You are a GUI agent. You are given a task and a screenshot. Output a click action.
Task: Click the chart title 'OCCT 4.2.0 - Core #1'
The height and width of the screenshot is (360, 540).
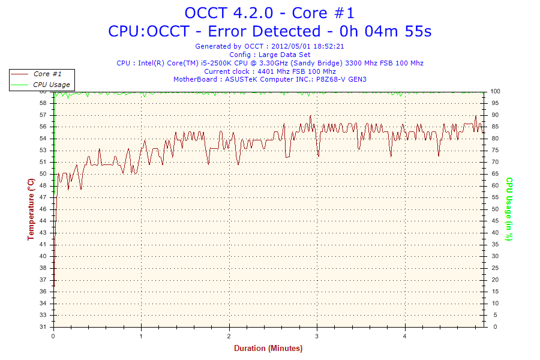click(269, 13)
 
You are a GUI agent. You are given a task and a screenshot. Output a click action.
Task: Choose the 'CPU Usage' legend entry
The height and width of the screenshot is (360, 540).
click(51, 85)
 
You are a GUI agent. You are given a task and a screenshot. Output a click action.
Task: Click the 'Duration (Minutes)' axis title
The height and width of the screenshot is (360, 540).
click(268, 349)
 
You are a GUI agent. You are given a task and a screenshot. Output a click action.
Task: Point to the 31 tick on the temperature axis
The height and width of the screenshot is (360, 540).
click(43, 327)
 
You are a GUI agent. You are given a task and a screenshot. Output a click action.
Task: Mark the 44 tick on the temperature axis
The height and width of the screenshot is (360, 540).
click(43, 221)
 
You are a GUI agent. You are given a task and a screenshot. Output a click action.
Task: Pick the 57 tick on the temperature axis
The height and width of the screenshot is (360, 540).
click(43, 115)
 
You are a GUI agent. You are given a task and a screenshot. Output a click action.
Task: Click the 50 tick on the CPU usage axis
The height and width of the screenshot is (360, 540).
click(495, 209)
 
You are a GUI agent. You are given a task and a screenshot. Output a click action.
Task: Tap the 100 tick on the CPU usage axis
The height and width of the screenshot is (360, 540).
click(496, 91)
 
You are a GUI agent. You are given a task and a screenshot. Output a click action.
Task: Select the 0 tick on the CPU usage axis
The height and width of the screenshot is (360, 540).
click(493, 327)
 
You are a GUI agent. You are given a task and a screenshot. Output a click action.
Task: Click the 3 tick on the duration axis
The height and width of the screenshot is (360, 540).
click(317, 336)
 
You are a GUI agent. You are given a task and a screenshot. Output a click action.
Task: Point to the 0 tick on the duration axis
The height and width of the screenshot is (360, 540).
click(54, 336)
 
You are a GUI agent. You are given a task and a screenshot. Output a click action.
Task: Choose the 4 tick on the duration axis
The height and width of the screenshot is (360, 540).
click(405, 336)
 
